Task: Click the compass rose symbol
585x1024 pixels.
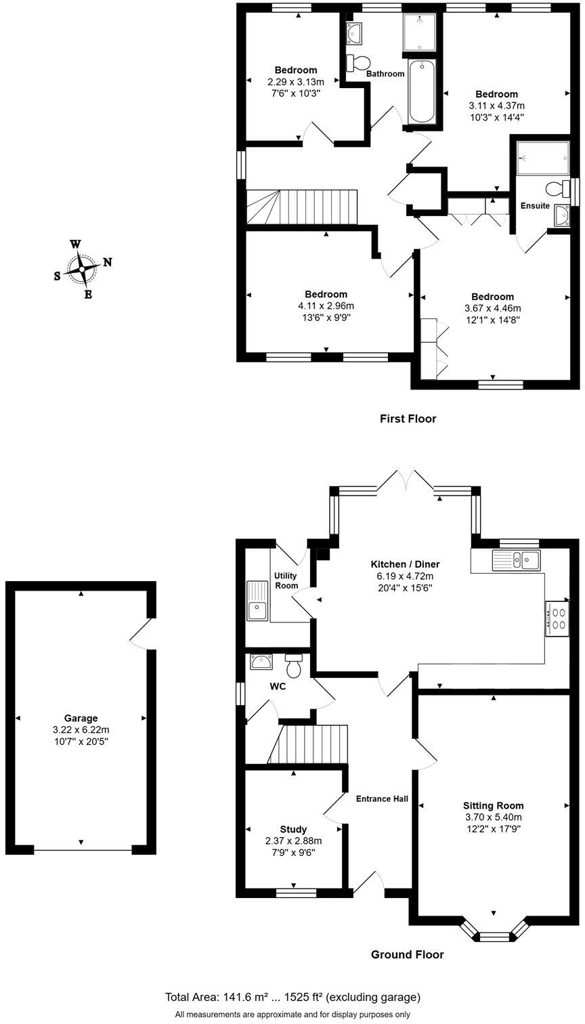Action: (82, 269)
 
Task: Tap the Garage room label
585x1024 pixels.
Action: (81, 718)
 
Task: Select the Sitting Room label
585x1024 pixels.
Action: (493, 805)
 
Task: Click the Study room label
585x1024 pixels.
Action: (293, 829)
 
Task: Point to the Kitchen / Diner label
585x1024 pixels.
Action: (405, 564)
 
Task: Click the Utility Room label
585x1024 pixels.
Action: (286, 580)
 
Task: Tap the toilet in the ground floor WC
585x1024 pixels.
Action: (293, 666)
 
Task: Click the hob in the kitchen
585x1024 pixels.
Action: (557, 618)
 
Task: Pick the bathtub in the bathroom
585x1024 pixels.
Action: (422, 91)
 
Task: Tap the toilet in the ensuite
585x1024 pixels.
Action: (558, 188)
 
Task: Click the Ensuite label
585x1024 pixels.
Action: (535, 205)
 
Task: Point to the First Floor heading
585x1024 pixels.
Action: (408, 419)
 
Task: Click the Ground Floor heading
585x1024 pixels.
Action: (407, 954)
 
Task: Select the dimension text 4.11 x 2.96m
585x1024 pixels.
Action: (326, 305)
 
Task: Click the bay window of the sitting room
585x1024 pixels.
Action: (493, 933)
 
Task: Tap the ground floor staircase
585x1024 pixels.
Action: (310, 744)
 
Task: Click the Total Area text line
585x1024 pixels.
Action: (292, 997)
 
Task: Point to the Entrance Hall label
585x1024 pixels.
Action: (382, 798)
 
